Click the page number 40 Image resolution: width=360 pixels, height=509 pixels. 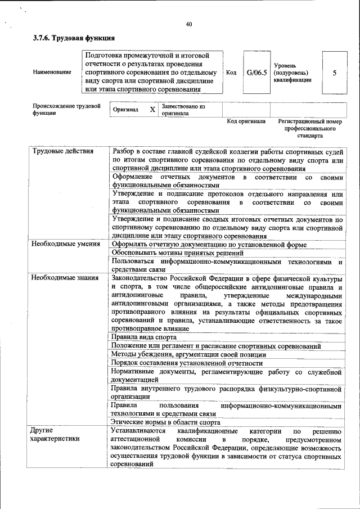pyautogui.click(x=188, y=24)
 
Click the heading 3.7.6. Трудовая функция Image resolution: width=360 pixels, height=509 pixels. pyautogui.click(x=74, y=38)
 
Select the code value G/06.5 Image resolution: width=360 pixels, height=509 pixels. pyautogui.click(x=256, y=73)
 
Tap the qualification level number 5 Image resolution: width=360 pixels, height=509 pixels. pyautogui.click(x=335, y=73)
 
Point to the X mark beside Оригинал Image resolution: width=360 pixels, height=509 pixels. pyautogui.click(x=152, y=110)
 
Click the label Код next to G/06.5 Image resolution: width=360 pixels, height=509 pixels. pyautogui.click(x=231, y=73)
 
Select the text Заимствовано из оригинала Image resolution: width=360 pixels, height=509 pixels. pyautogui.click(x=183, y=109)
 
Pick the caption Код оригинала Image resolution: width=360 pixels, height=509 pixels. pyautogui.click(x=246, y=121)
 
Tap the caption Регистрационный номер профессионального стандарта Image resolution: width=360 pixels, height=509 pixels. pyautogui.click(x=310, y=128)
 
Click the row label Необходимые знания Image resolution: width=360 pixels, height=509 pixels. pyautogui.click(x=65, y=278)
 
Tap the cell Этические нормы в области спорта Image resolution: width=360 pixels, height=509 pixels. pyautogui.click(x=165, y=422)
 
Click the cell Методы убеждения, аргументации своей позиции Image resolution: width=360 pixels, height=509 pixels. pyautogui.click(x=188, y=354)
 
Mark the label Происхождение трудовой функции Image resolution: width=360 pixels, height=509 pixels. pyautogui.click(x=66, y=109)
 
